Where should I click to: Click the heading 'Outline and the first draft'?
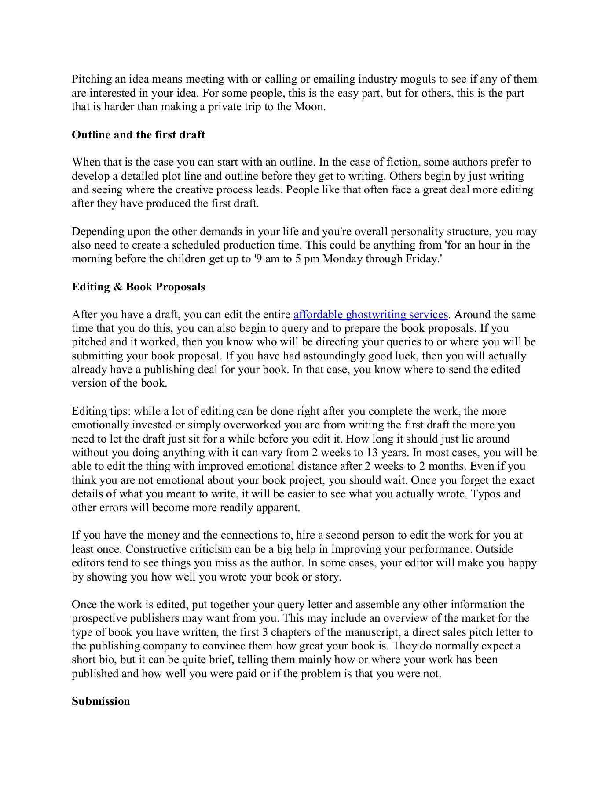tap(138, 135)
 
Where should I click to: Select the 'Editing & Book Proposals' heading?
tap(138, 287)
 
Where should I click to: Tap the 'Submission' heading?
tap(101, 701)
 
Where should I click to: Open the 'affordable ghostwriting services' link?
tap(370, 315)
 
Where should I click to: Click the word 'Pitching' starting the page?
tap(92, 79)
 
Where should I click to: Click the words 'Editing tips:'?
tap(101, 411)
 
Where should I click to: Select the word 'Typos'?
tap(486, 494)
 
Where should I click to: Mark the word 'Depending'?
tap(98, 232)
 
